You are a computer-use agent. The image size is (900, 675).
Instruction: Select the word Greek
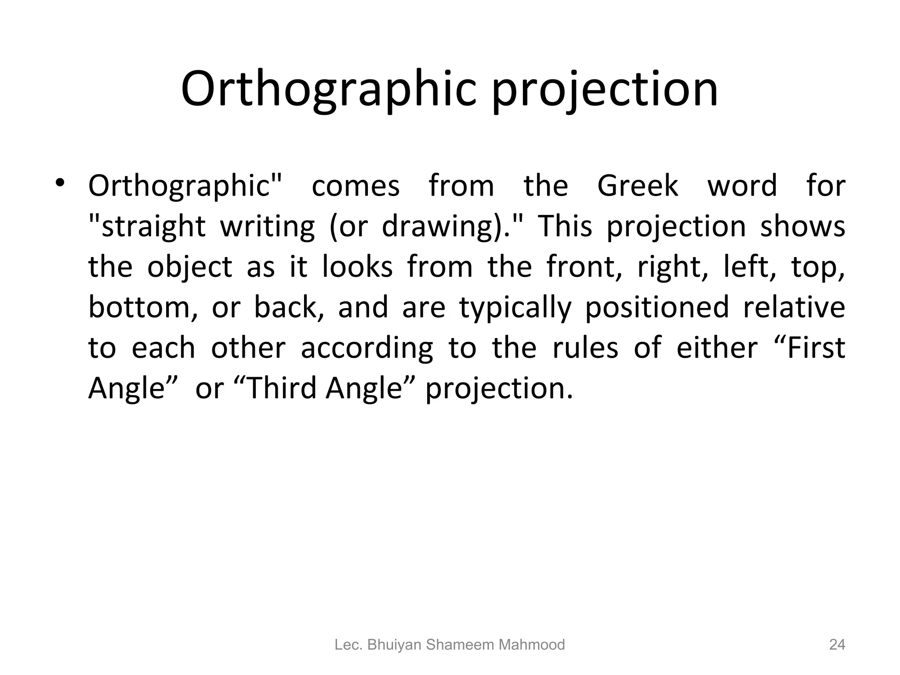[x=637, y=186]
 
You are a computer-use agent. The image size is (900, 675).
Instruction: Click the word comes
[x=356, y=186]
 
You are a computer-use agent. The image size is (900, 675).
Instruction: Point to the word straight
[x=147, y=227]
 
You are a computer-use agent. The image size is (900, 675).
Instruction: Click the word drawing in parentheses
[x=438, y=227]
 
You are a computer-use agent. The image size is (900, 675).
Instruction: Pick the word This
[x=565, y=226]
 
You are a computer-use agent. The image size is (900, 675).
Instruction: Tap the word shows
[x=802, y=226]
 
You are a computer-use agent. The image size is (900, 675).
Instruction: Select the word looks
[x=357, y=267]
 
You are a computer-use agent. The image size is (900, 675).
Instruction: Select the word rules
[x=585, y=348]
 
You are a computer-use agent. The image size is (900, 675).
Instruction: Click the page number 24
[x=837, y=645]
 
